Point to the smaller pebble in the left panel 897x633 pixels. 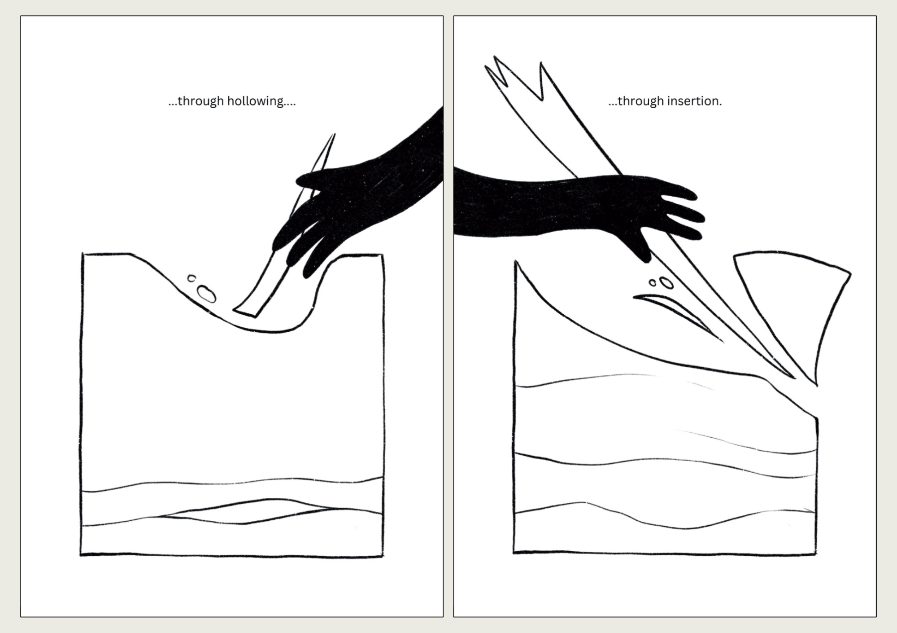[x=192, y=278]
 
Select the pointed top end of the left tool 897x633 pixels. [x=334, y=134]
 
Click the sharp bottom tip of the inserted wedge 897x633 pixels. [x=794, y=377]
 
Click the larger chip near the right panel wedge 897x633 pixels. [x=667, y=283]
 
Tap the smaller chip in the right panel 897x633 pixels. [x=653, y=283]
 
